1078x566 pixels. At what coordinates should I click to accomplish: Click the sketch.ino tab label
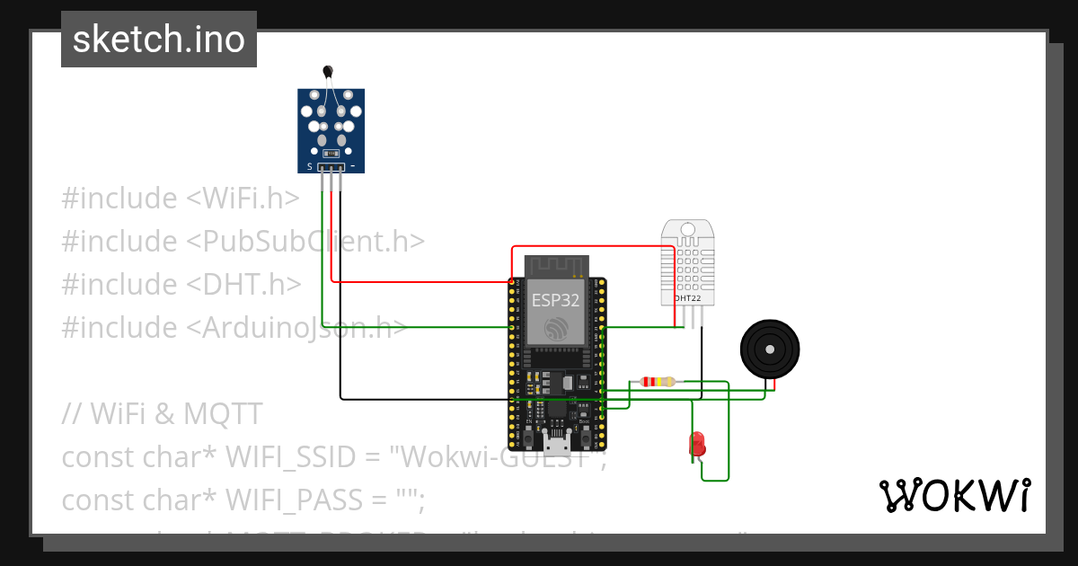(159, 40)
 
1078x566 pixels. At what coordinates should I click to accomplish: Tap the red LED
(696, 443)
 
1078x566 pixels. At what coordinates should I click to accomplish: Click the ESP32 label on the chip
(555, 300)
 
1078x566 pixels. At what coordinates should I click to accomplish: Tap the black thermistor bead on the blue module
(328, 71)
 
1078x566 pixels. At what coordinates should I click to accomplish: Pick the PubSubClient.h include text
(305, 242)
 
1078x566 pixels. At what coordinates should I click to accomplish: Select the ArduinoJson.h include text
(296, 328)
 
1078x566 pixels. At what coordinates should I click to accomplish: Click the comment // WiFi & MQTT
(162, 414)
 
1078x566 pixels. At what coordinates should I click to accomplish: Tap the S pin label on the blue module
(310, 167)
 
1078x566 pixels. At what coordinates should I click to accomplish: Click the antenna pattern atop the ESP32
(556, 266)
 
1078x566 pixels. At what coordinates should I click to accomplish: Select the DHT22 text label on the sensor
(687, 297)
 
